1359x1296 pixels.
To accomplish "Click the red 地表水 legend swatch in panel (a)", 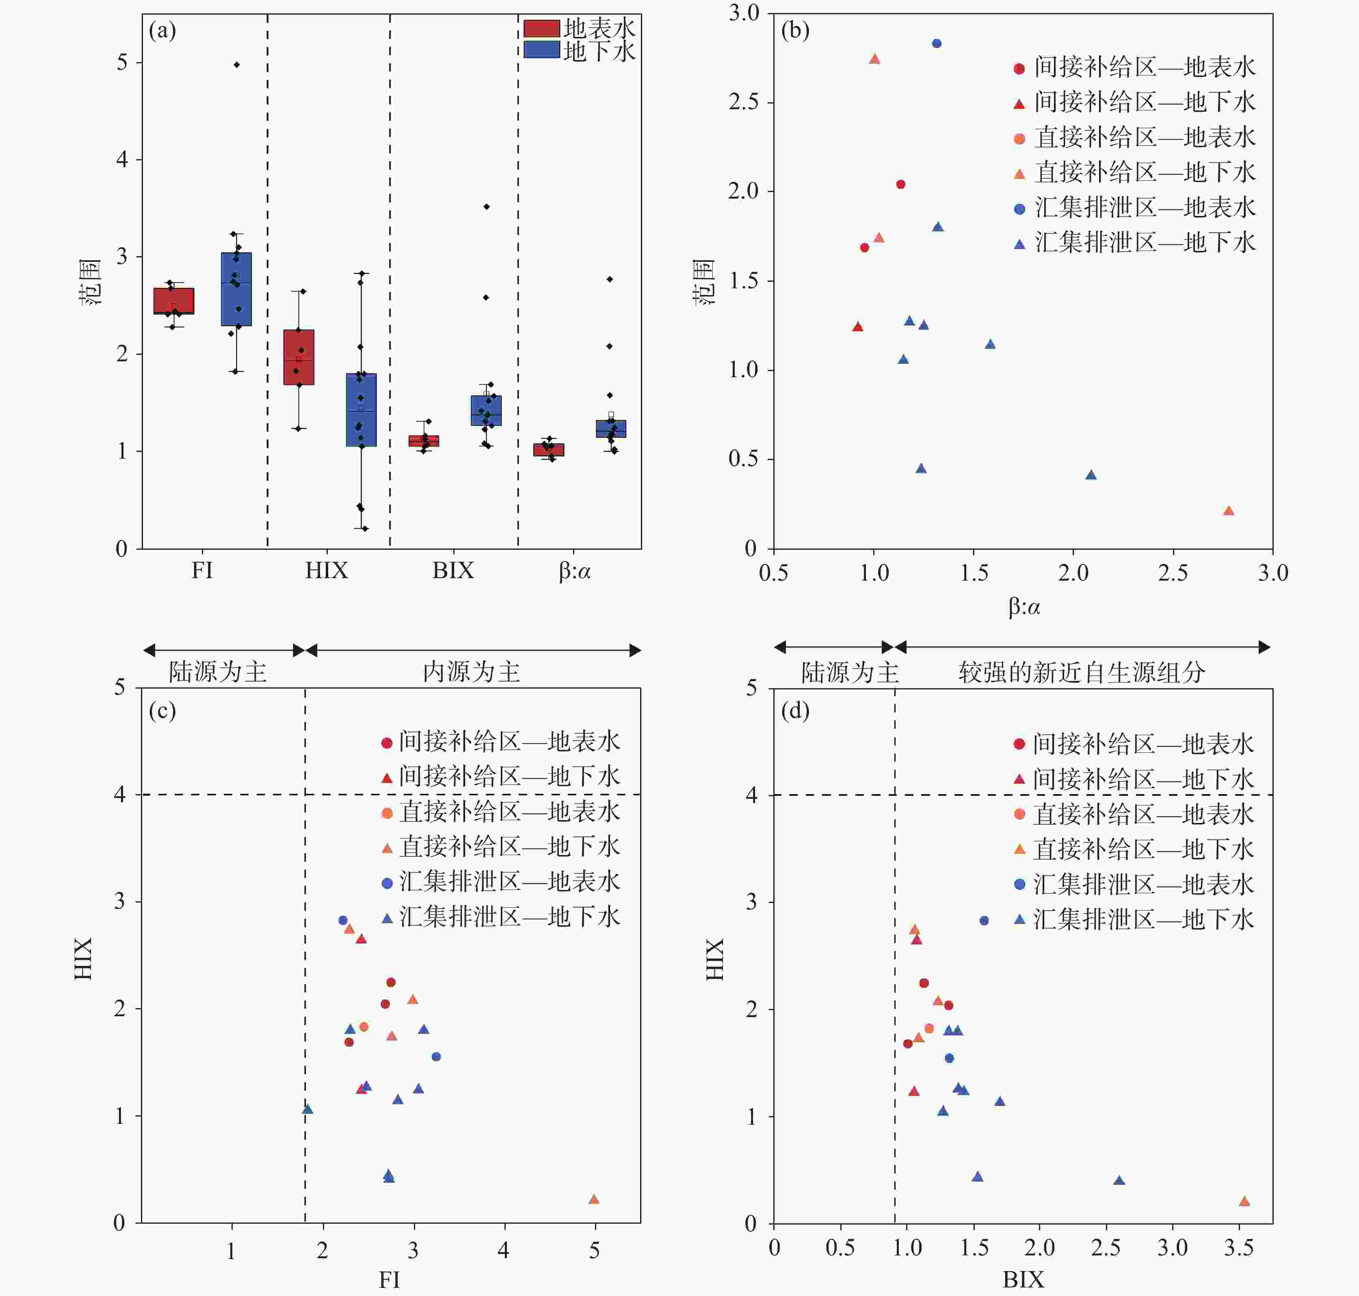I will pos(541,28).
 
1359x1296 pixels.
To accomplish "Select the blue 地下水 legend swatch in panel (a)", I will pos(541,50).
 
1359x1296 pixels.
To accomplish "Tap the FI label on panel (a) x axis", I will pos(202,570).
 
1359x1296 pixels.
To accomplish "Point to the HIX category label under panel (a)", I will pos(327,570).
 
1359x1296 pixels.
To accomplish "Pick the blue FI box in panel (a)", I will pos(236,289).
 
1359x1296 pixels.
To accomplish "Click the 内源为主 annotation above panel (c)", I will pos(471,672).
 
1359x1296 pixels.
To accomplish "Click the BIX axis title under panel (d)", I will pos(1023,1280).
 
